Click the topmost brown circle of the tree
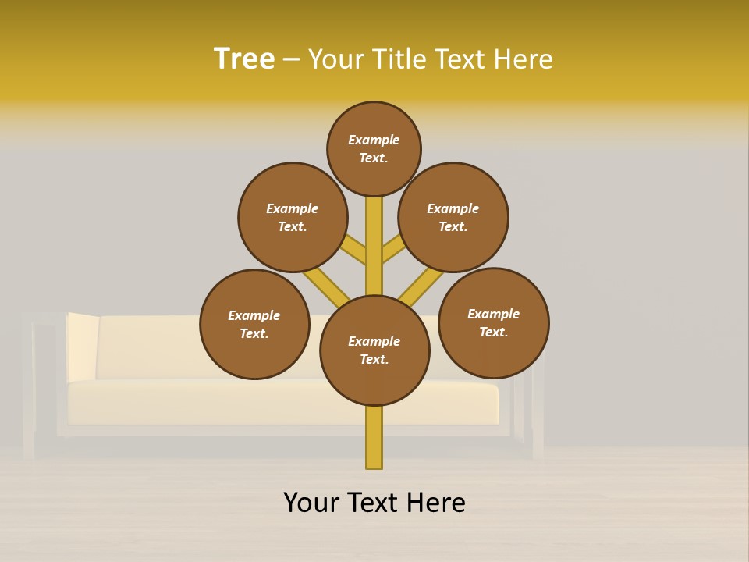(374, 148)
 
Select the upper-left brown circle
(293, 217)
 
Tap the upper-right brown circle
(453, 217)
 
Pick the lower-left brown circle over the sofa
(254, 324)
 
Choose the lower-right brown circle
(493, 322)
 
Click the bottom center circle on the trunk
(374, 350)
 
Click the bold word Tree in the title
(244, 59)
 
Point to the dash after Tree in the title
(291, 59)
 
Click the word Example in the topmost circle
(374, 140)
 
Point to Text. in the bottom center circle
(374, 359)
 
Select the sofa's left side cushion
(82, 347)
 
